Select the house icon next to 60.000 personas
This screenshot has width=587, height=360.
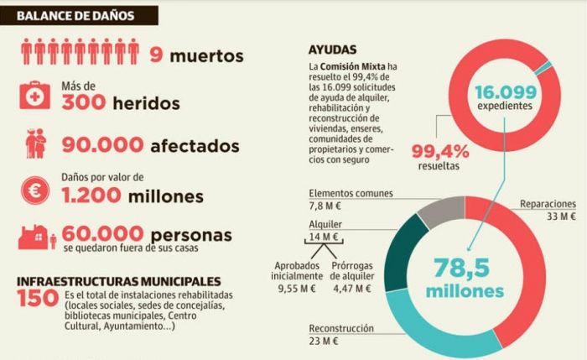point(34,237)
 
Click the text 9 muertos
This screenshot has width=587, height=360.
point(197,55)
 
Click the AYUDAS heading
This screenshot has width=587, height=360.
point(333,50)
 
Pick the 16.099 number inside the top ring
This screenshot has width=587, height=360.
point(504,92)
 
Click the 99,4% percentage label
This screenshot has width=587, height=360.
point(439,151)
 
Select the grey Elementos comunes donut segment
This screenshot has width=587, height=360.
point(437,210)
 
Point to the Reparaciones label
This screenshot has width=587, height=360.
point(547,203)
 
